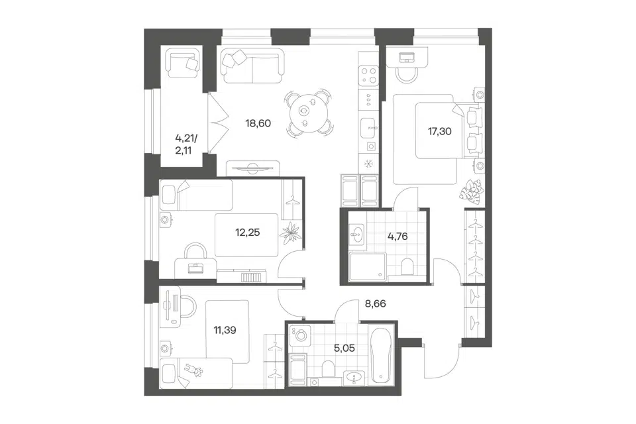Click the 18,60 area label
258,123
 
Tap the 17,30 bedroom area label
440,131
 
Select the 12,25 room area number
247,233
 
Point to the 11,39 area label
225,330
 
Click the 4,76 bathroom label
397,236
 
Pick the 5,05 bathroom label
344,348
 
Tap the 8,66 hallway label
375,303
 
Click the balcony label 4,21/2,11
185,144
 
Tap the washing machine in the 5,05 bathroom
300,335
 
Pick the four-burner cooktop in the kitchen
369,76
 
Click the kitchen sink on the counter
369,129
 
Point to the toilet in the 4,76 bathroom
407,266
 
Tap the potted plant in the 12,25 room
290,233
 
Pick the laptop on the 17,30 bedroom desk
406,58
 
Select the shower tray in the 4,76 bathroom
368,266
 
